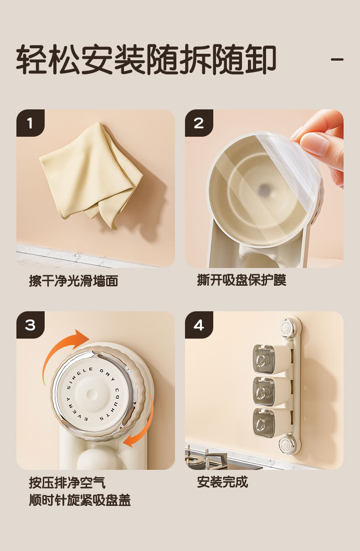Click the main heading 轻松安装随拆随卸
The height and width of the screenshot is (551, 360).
coord(146,59)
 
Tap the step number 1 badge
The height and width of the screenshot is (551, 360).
coord(30,123)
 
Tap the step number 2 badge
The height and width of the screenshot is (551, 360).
coord(199,123)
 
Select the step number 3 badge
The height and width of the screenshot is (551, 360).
coord(30,325)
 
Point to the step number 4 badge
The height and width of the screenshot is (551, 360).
coord(199,325)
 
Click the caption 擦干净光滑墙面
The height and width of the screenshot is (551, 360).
coord(73,281)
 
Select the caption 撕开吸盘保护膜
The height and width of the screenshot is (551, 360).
coord(242,280)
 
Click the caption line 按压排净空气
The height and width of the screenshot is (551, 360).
coord(67,482)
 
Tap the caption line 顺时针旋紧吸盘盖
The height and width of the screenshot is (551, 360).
coord(80,500)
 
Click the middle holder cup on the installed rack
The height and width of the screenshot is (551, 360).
coord(272,391)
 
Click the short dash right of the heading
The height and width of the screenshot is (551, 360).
coord(337,59)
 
